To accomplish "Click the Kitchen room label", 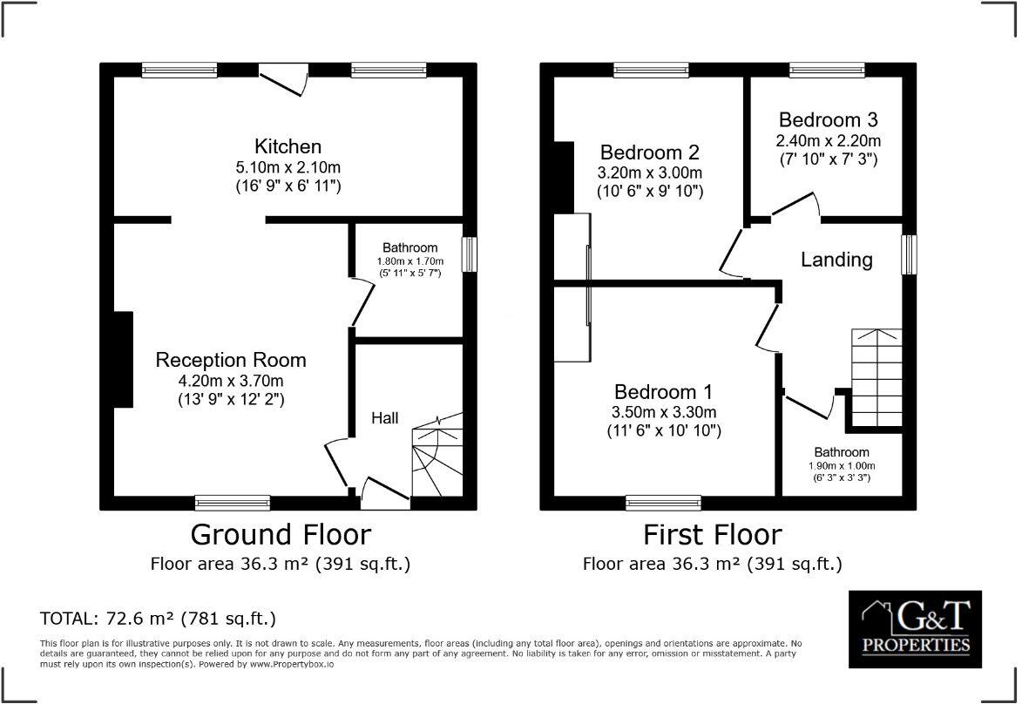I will (x=288, y=146).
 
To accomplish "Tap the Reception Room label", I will (x=231, y=360).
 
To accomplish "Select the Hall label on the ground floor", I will (x=385, y=418).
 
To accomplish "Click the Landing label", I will (x=836, y=260).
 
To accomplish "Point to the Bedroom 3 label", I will (x=828, y=119).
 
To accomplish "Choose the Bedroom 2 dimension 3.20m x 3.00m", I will (x=650, y=173).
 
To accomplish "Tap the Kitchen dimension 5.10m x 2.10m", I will (x=288, y=166).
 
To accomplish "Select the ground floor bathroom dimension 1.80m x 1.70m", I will (x=409, y=261).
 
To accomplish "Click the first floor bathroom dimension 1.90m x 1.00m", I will (x=842, y=466).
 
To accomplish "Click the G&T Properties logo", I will (x=915, y=629).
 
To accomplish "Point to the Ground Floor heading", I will (x=281, y=533).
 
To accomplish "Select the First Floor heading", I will (x=713, y=533).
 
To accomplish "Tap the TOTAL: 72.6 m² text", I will (x=158, y=619).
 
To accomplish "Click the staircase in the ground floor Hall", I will (x=437, y=457).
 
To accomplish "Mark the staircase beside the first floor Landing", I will (x=876, y=377).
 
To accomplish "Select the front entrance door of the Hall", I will (x=384, y=494).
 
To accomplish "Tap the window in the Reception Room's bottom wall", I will (x=233, y=502).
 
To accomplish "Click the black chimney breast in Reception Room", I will (x=122, y=360).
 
